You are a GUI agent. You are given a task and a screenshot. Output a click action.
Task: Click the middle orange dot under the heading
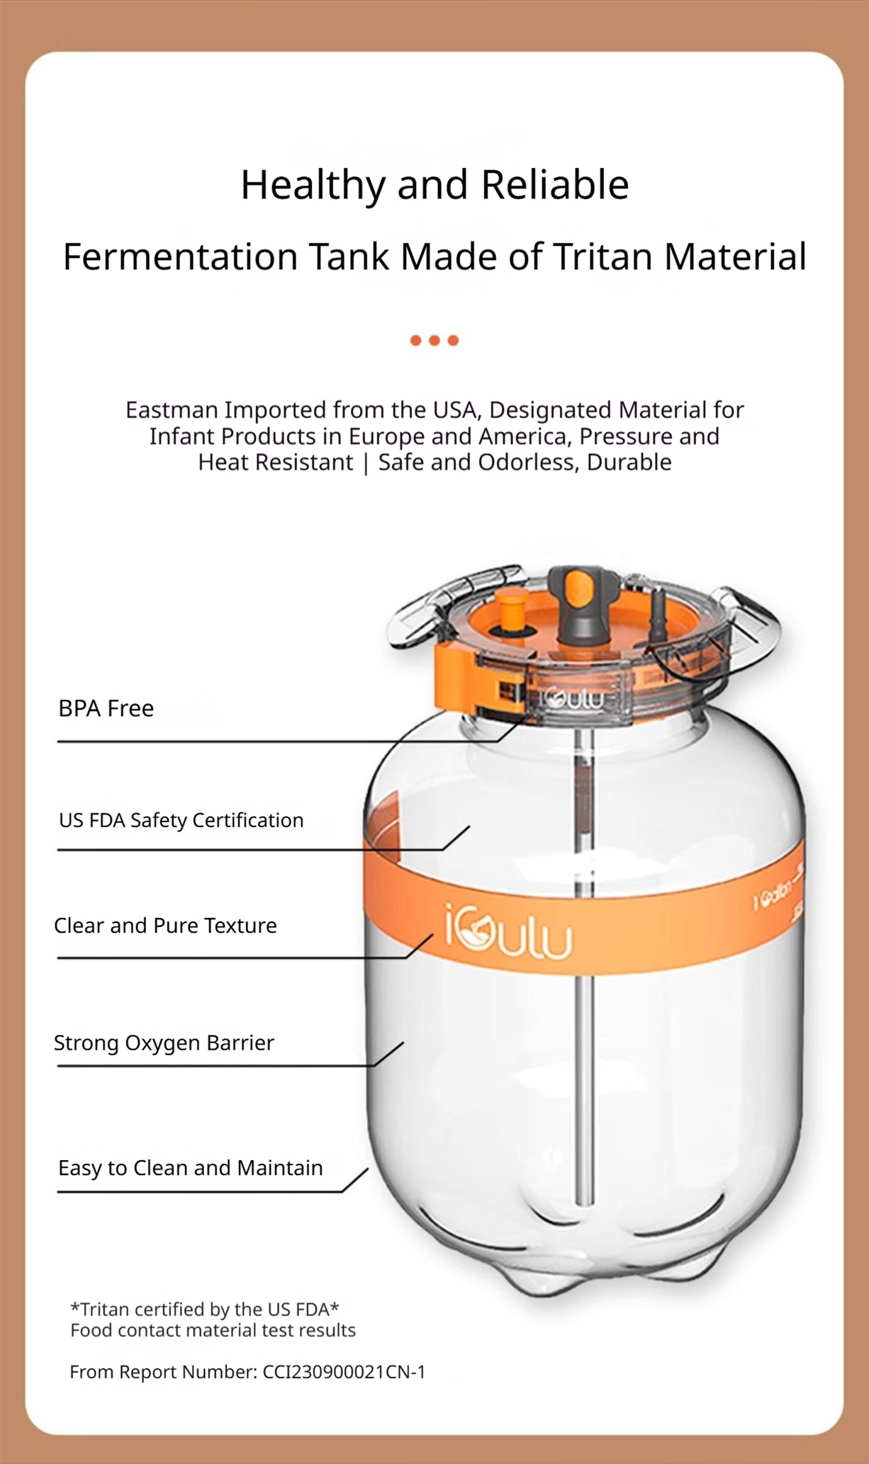434,341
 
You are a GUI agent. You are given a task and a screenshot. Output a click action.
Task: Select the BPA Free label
106,708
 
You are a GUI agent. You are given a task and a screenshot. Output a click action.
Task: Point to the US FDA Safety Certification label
181,820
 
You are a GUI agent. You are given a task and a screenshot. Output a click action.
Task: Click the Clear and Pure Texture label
165,926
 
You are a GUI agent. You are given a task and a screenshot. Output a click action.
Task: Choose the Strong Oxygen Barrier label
164,1043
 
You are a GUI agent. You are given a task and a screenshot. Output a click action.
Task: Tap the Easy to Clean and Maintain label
190,1168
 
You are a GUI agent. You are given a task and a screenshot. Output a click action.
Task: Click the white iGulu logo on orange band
508,934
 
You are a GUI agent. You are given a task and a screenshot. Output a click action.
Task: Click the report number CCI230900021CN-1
344,1372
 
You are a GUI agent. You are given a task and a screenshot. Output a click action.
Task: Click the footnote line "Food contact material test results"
213,1330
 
